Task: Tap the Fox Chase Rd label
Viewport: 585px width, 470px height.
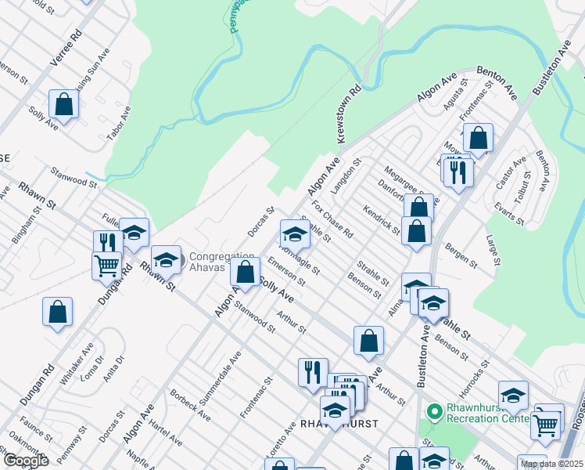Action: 332,221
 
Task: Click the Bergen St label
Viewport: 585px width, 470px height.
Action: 462,254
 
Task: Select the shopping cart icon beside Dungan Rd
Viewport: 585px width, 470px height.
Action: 106,264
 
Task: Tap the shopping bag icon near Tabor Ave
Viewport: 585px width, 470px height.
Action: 63,103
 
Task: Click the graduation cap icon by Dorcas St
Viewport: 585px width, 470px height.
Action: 295,233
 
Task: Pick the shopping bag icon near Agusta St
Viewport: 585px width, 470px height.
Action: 478,138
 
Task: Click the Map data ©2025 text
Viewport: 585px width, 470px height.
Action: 551,464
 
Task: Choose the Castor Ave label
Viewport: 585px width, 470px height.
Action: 511,177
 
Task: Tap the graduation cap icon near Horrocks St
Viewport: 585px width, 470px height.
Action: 513,396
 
